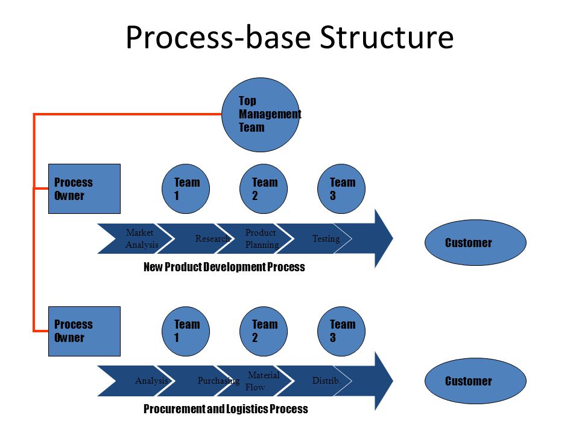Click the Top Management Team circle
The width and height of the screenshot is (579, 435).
pyautogui.click(x=261, y=115)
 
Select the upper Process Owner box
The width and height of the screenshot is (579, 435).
pyautogui.click(x=84, y=188)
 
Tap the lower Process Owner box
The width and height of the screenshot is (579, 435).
pyautogui.click(x=84, y=332)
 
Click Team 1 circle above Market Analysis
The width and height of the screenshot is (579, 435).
pyautogui.click(x=186, y=188)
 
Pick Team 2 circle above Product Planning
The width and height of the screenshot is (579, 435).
pyautogui.click(x=264, y=188)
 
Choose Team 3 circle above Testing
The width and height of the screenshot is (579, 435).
pyautogui.click(x=341, y=188)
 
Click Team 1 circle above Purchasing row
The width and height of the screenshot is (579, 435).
pyautogui.click(x=186, y=332)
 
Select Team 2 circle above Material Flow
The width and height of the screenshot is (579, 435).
pyautogui.click(x=264, y=332)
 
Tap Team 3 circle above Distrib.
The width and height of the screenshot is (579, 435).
pyautogui.click(x=341, y=332)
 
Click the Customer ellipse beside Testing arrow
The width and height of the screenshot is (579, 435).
pyautogui.click(x=476, y=243)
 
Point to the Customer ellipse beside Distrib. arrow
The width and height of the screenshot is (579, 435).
pyautogui.click(x=476, y=381)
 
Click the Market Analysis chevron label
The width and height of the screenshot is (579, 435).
pyautogui.click(x=142, y=239)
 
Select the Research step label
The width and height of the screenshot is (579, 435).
pyautogui.click(x=213, y=239)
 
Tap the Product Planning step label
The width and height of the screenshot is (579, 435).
pyautogui.click(x=262, y=239)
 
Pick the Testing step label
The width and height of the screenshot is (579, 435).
pyautogui.click(x=326, y=239)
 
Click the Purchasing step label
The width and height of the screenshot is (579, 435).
pyautogui.click(x=218, y=381)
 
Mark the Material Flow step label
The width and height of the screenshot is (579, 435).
pyautogui.click(x=262, y=381)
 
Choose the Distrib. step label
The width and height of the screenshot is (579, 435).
pyautogui.click(x=326, y=381)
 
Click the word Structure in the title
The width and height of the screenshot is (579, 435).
pyautogui.click(x=387, y=37)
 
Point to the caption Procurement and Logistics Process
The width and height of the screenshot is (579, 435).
pyautogui.click(x=226, y=409)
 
